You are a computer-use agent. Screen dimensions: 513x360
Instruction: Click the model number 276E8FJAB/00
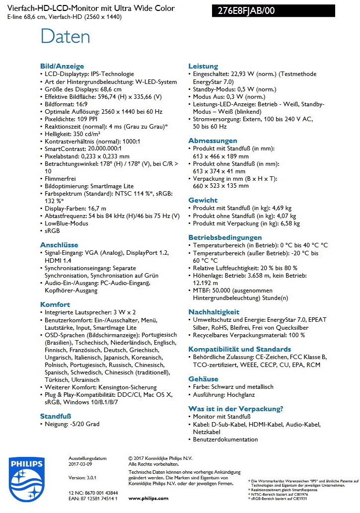[x=246, y=11]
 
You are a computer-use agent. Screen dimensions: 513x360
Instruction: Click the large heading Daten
[x=65, y=37]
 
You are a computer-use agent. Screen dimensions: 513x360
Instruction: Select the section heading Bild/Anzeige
[x=62, y=66]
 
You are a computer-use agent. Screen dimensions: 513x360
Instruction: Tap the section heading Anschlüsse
[x=59, y=244]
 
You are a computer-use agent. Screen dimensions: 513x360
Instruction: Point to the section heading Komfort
[x=55, y=304]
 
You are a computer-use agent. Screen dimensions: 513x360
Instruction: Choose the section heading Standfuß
[x=56, y=416]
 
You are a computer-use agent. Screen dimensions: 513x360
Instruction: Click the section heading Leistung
[x=203, y=66]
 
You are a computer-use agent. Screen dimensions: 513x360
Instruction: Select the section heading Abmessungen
[x=213, y=141]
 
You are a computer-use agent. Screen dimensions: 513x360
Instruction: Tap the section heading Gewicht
[x=203, y=200]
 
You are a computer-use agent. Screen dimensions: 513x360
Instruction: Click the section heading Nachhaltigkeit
[x=214, y=311]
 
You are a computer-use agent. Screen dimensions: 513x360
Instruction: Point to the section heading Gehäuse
[x=203, y=378]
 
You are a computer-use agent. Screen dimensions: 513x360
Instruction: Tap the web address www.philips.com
[x=148, y=498]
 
